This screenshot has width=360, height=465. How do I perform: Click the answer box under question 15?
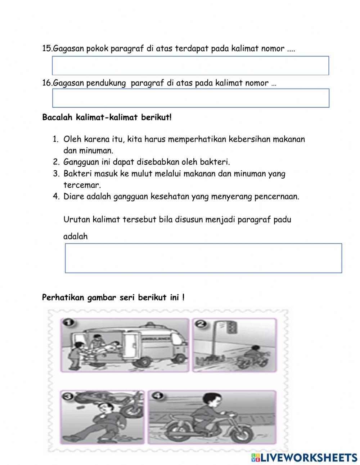pos(190,66)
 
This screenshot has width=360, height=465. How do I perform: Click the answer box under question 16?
pos(190,98)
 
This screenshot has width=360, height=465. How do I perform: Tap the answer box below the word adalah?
pos(203,258)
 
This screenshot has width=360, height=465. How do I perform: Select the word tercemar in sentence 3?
pos(82,185)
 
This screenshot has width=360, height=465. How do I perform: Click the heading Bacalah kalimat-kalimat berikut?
pos(107,117)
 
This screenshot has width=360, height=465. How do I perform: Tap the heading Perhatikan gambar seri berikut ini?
pos(113,298)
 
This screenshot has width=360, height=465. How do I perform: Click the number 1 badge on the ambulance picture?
pos(67,322)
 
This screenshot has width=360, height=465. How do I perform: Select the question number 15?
pos(47,49)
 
